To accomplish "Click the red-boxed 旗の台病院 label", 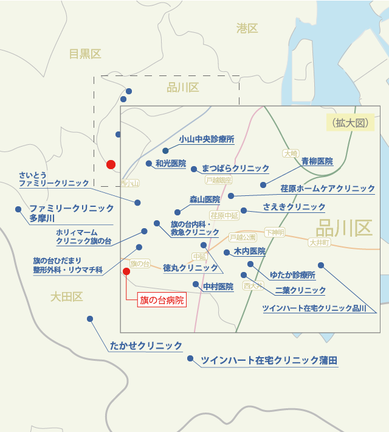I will click(x=161, y=301).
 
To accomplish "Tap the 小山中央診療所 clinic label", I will click(x=206, y=139).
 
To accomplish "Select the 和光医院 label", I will click(x=170, y=164).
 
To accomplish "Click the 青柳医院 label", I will click(x=317, y=162).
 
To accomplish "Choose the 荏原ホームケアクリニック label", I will click(x=328, y=189).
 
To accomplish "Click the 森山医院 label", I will click(x=204, y=200).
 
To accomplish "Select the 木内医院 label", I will click(x=249, y=251).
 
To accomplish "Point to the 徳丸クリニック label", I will click(x=190, y=268).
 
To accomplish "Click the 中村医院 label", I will click(x=218, y=287).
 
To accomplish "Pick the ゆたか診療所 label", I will click(x=292, y=275).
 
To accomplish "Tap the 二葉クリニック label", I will click(x=300, y=291).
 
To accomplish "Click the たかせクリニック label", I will click(x=146, y=346).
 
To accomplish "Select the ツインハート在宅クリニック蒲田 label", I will click(x=269, y=361).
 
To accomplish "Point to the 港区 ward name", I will click(x=247, y=28).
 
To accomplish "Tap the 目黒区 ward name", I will click(x=84, y=54).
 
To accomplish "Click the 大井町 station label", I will click(x=318, y=242).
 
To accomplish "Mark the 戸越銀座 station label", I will click(x=219, y=180).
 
